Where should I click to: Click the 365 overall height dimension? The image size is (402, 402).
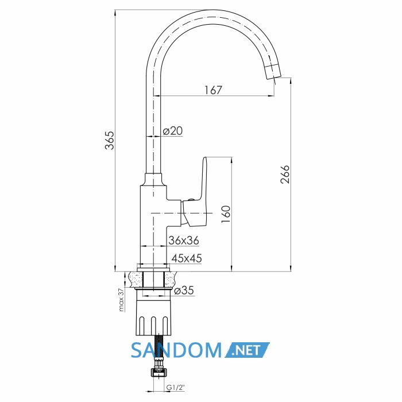point(110,140)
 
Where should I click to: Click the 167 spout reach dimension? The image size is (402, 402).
point(213,90)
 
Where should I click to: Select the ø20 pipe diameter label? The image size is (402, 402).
point(173,131)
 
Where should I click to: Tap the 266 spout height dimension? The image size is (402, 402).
point(285,175)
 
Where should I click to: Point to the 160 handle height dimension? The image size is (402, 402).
point(226,214)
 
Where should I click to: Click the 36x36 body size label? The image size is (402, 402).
point(184,241)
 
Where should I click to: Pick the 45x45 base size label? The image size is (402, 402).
point(187,258)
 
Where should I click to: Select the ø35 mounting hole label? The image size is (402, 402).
point(184,291)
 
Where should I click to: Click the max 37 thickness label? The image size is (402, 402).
point(121,299)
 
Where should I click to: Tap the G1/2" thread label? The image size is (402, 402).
point(176,388)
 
